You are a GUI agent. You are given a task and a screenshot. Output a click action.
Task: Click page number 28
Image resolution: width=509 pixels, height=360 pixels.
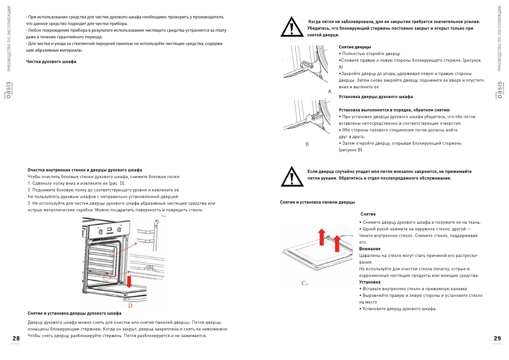[16, 339]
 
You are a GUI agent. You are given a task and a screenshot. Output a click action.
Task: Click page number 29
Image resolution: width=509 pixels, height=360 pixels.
[497, 339]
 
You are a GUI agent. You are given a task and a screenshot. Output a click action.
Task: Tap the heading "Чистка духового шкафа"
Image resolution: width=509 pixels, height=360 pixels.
[51, 62]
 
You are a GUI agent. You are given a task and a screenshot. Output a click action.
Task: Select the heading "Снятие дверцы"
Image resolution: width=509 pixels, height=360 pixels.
[355, 47]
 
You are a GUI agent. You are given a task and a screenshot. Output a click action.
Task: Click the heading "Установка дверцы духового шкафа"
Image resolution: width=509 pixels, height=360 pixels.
[375, 97]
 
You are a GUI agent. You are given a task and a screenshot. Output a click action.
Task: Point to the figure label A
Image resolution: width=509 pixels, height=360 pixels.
[329, 91]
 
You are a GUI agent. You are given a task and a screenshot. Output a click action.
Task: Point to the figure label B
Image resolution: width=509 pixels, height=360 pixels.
[307, 144]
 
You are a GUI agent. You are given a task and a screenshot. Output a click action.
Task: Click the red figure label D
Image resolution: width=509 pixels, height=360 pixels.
[130, 306]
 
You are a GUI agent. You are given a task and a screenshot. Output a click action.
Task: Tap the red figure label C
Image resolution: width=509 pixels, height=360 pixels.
[304, 283]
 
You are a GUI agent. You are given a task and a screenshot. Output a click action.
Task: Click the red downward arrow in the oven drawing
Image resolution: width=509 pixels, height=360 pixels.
[129, 281]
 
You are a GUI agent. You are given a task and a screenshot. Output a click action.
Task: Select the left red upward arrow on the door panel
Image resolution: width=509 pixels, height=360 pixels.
[322, 237]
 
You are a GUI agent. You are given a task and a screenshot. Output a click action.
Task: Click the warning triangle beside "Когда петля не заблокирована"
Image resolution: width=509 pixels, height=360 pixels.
[292, 27]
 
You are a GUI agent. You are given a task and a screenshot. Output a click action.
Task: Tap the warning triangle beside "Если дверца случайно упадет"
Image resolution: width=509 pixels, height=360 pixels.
[292, 177]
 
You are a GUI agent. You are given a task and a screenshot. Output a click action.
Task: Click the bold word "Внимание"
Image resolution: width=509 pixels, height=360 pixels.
[370, 249]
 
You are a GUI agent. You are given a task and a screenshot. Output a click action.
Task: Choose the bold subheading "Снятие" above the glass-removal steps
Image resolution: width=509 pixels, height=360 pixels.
[368, 214]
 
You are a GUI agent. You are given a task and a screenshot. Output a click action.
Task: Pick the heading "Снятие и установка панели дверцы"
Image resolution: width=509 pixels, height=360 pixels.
[317, 202]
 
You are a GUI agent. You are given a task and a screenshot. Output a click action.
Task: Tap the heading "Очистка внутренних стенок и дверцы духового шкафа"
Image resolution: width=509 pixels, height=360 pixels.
[85, 170]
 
